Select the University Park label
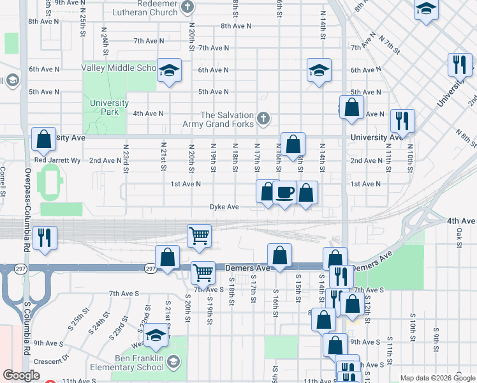[x=109, y=107]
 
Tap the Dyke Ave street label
[x=224, y=207]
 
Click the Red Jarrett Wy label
[x=57, y=160]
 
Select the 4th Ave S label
[x=461, y=221]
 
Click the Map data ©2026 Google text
[x=437, y=378]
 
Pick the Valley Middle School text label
[x=119, y=68]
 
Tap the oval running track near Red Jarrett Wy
[x=49, y=181]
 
